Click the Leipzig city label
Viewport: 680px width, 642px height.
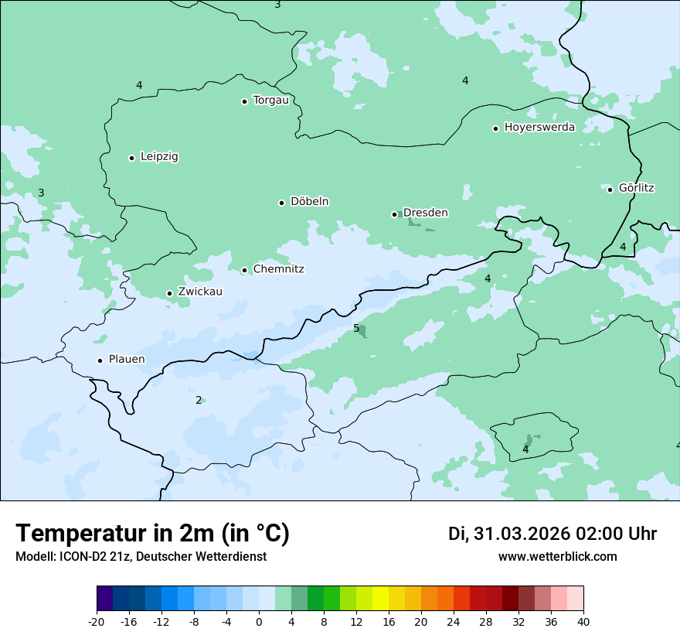click(159, 156)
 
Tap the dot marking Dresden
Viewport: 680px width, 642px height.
click(394, 214)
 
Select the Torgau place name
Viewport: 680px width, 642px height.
click(270, 100)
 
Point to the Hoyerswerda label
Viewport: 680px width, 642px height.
click(539, 127)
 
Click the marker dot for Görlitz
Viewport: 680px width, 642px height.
click(610, 190)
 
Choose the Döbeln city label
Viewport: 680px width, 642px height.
click(309, 201)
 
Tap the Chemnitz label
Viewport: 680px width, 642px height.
click(278, 269)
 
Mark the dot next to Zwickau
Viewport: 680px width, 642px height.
click(169, 293)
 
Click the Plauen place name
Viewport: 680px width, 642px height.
click(127, 359)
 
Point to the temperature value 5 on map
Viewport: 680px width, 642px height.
click(356, 328)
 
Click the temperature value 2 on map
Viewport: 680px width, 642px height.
click(199, 400)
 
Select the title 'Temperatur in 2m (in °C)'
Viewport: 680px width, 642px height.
click(152, 534)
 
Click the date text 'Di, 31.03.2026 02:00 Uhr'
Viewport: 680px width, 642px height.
click(552, 534)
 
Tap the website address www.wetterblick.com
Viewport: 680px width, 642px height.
click(557, 556)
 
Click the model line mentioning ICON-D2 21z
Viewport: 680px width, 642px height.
click(141, 556)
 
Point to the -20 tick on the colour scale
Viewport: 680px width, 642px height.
click(97, 621)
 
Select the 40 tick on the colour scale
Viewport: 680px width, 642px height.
click(583, 621)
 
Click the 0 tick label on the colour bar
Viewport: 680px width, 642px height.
click(259, 621)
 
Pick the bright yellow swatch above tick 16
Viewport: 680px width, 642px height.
click(380, 599)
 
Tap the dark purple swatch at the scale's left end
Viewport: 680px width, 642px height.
click(104, 599)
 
